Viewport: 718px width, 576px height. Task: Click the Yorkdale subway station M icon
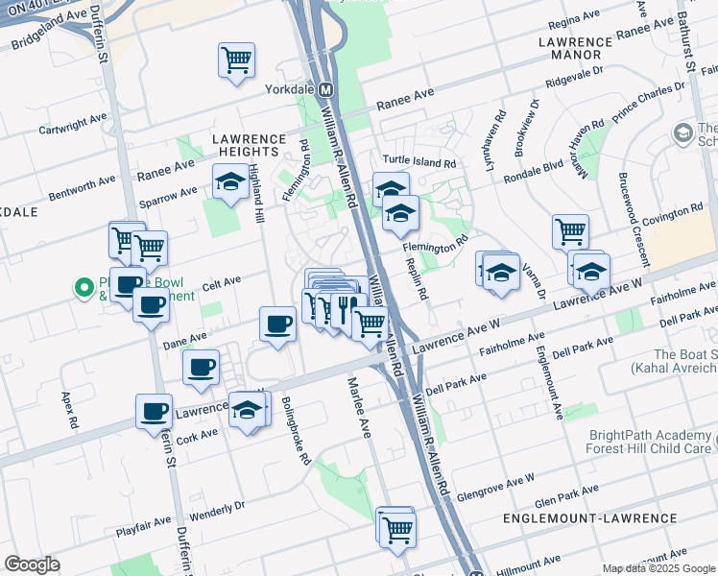tap(325, 89)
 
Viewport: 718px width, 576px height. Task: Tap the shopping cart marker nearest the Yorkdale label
tap(236, 60)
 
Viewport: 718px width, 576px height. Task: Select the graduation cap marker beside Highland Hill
tap(230, 182)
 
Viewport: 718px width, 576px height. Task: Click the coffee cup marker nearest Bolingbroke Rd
tap(277, 324)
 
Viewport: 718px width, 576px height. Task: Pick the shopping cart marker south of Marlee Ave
tap(396, 527)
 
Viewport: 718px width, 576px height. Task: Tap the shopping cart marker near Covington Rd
tap(570, 231)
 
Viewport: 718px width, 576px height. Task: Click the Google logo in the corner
tap(33, 564)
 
